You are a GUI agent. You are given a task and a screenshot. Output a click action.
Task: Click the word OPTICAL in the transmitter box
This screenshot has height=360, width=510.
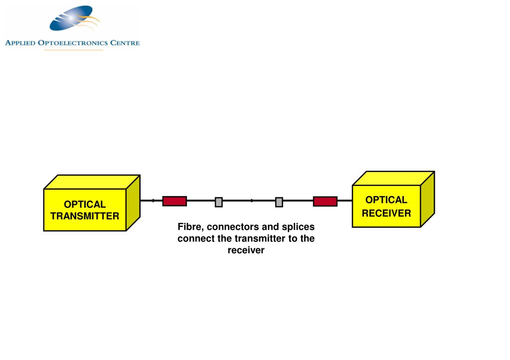(x=85, y=204)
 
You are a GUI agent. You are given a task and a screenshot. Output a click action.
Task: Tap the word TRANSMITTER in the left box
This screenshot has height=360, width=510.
(x=85, y=216)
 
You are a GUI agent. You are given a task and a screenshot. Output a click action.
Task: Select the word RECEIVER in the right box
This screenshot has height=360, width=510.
(x=386, y=213)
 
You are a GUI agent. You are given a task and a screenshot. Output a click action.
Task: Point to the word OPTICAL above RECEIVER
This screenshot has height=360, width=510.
(x=386, y=200)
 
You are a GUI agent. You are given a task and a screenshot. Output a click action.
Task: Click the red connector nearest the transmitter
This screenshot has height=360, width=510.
(x=174, y=201)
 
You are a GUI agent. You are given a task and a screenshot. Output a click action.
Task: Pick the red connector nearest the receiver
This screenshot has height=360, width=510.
(x=325, y=201)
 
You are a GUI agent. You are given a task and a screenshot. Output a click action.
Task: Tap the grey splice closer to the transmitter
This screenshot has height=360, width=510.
(x=218, y=202)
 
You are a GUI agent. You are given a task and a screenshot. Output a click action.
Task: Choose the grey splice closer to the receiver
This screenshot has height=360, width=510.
(x=279, y=202)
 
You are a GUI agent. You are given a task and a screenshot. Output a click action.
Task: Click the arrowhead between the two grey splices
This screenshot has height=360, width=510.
(x=252, y=201)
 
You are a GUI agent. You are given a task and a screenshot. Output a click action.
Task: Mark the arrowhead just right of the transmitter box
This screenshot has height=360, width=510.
(x=154, y=200)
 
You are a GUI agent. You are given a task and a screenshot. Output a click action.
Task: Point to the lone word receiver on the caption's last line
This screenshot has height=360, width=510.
(x=246, y=250)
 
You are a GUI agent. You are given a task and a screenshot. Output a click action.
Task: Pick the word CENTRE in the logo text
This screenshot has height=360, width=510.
(x=125, y=43)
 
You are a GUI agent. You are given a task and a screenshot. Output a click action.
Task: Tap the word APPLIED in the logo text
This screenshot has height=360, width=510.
(x=21, y=43)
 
